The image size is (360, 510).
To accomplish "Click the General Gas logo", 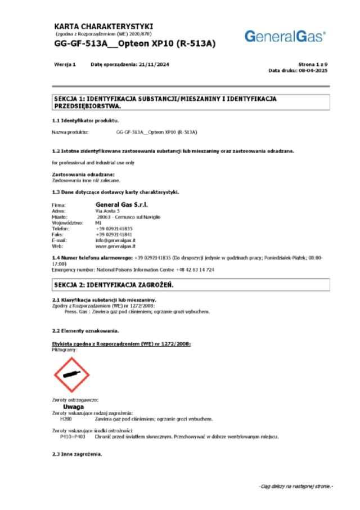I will coord(285,37).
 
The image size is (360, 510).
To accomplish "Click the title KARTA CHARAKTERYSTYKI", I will coord(103,26).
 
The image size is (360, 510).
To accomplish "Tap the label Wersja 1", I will coord(65,65).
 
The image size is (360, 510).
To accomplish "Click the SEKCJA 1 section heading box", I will coord(188,102).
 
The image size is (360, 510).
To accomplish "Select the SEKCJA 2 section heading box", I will coord(188,285).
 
